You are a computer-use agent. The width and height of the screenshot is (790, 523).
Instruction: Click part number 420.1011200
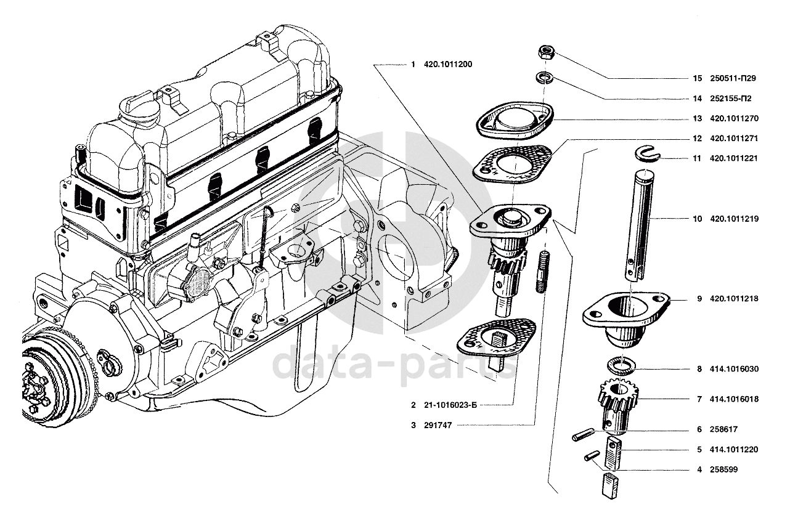tap(448, 65)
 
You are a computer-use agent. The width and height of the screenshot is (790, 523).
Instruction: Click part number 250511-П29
tap(733, 78)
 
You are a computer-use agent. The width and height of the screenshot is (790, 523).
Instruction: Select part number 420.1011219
tap(735, 219)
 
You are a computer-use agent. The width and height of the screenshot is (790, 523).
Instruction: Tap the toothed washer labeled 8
tap(621, 365)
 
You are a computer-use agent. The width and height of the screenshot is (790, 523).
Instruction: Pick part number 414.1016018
tap(735, 399)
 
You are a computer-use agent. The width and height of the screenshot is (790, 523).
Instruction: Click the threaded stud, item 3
tap(543, 272)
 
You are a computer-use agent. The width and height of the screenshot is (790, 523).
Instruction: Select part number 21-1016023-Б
tap(450, 405)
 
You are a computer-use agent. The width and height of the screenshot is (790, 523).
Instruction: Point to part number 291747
tap(438, 425)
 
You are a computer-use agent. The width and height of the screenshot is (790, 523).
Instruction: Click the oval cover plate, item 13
tap(515, 119)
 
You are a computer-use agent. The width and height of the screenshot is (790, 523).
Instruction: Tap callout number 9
tap(699, 299)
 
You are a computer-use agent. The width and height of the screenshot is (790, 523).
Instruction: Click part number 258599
tap(724, 470)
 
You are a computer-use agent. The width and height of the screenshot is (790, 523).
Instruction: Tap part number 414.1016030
tap(735, 369)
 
